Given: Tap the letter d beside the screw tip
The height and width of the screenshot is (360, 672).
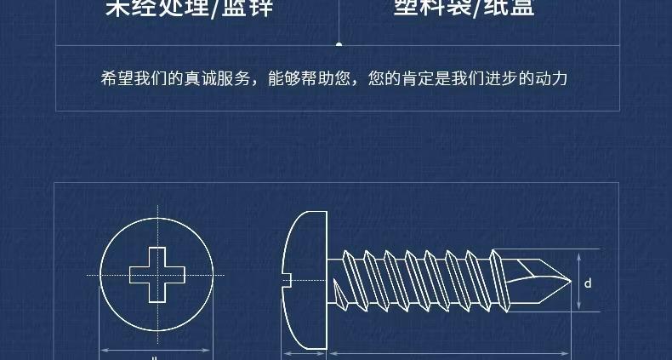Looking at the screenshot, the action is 588,283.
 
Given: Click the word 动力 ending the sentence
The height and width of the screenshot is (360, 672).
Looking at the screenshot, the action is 550,79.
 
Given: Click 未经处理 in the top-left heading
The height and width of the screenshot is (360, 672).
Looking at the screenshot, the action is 157,9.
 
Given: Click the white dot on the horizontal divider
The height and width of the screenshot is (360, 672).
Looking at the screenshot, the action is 339,43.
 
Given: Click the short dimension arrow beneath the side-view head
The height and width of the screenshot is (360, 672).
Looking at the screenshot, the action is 305,352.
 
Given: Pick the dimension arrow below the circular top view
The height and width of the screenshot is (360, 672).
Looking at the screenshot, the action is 156,349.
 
